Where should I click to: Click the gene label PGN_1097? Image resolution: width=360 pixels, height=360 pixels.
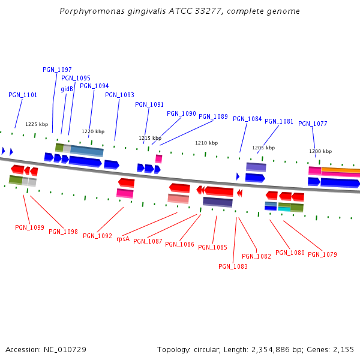[57, 70]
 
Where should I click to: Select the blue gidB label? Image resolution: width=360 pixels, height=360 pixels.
[67, 89]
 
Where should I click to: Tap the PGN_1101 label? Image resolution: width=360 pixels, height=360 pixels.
[23, 95]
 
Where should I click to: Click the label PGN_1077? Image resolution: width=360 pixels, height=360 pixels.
[313, 124]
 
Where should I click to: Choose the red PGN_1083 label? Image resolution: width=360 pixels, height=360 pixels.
[233, 266]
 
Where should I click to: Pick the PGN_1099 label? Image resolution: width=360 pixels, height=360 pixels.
[29, 227]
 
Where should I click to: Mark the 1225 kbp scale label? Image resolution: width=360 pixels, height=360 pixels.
[37, 124]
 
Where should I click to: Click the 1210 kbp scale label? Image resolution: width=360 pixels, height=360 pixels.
[206, 143]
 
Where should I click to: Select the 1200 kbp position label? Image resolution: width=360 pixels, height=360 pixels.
[320, 151]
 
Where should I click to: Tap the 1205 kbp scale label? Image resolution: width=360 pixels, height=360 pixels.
[263, 147]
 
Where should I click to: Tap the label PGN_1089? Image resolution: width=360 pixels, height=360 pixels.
[213, 116]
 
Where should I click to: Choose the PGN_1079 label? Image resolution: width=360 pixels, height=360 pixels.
[322, 254]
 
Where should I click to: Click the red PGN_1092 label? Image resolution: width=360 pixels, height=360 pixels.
[97, 236]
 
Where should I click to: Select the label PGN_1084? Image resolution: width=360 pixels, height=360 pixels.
[247, 119]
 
